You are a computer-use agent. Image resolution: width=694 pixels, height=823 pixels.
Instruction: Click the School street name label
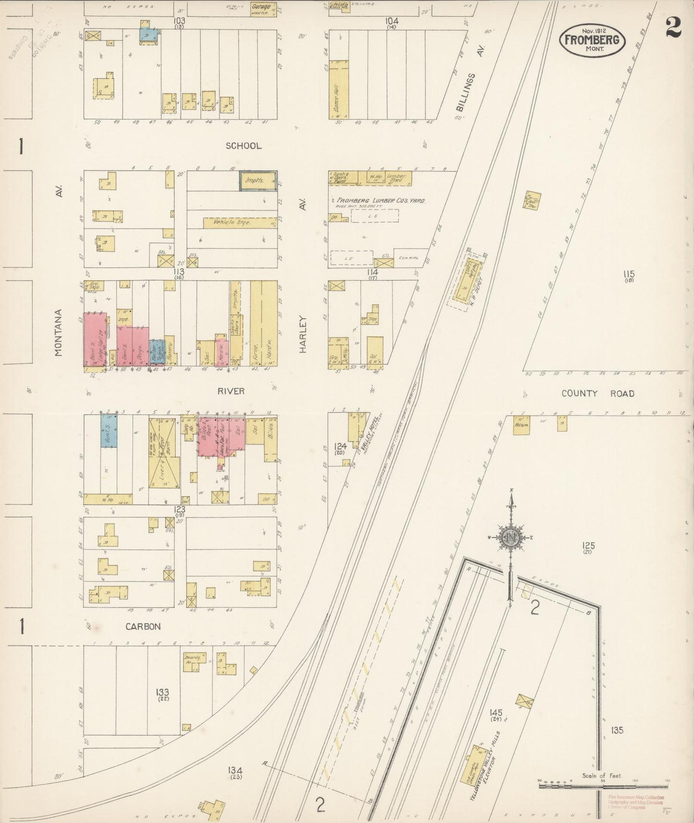[x=244, y=145]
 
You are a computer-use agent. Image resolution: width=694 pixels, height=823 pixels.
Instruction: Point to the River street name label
[x=231, y=391]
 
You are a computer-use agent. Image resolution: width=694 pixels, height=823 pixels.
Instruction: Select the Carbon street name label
[x=143, y=626]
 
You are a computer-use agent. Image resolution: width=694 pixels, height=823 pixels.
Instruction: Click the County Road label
[x=598, y=393]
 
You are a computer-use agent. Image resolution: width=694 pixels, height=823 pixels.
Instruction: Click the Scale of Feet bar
[x=602, y=787]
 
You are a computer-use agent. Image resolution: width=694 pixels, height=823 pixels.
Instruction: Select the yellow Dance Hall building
[x=339, y=89]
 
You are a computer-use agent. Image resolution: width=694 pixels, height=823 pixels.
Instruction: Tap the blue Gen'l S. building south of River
[x=109, y=431]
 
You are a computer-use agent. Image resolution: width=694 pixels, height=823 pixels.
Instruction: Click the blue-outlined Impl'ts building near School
[x=258, y=181]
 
